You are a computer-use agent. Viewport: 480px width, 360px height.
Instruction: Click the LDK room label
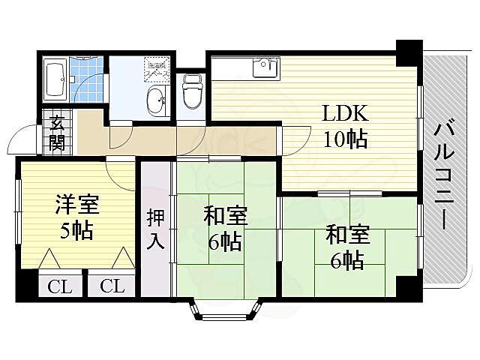pos(345,114)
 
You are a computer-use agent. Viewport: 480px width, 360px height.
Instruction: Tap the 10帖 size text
pos(345,139)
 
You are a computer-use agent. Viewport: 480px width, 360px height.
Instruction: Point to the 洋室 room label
pos(77,204)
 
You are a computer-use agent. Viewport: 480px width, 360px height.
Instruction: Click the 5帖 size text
pos(77,229)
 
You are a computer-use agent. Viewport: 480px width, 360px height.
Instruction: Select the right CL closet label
pos(112,286)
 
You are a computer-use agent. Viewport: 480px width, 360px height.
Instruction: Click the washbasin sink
pos(157,100)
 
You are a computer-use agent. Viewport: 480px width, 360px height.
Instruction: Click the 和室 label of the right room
pos(346,235)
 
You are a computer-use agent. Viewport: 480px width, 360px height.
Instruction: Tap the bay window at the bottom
pos(225,310)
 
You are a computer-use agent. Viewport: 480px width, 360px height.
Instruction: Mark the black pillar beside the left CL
pos(28,286)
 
